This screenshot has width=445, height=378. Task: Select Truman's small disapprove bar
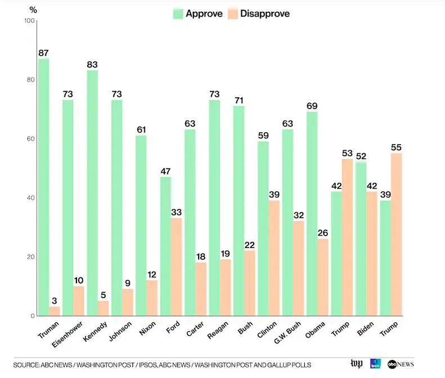(55, 310)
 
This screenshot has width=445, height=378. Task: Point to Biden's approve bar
(361, 238)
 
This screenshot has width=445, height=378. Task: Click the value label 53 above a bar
(348, 154)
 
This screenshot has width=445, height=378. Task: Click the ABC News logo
(401, 364)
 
